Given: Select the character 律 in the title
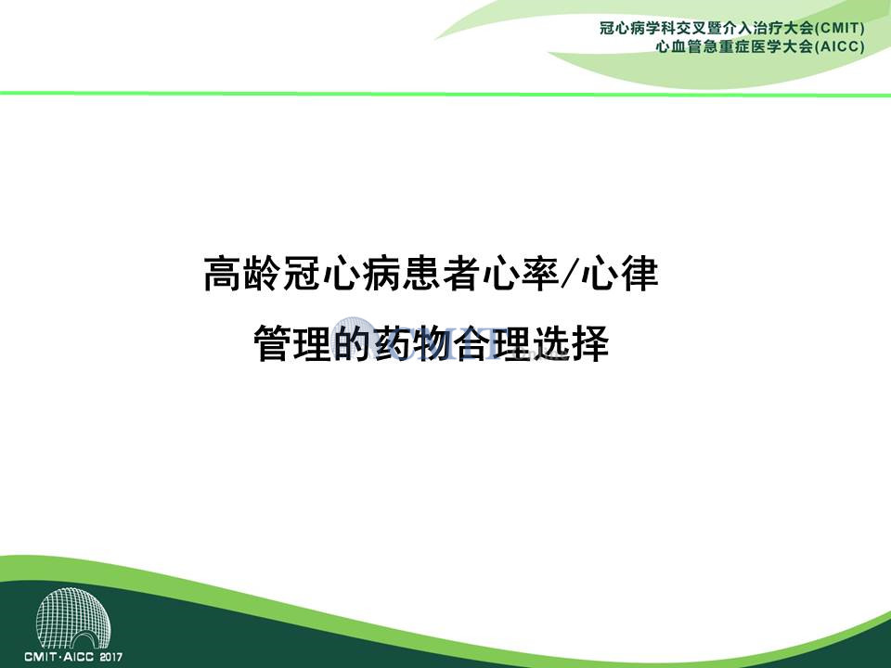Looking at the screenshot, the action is pos(639,274).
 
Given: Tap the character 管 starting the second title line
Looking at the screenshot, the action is pos(272,343).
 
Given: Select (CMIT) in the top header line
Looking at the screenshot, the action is pos(841,28).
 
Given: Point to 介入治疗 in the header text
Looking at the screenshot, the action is pos(754,28).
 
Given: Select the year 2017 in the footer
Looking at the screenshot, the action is pos(110,657).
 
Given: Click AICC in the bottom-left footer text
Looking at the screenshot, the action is pos(79,657).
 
